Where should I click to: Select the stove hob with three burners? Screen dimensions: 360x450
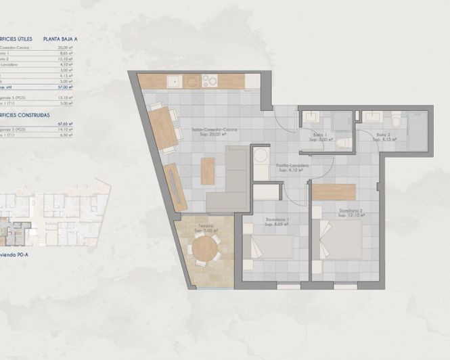tap(209, 81)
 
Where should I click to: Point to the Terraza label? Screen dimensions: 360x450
tap(206, 227)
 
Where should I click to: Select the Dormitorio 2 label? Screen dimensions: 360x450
tap(352, 211)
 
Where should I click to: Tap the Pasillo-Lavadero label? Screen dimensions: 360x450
tap(292, 168)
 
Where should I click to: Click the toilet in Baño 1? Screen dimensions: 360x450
tap(344, 142)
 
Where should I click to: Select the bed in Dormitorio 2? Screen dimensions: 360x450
tap(341, 240)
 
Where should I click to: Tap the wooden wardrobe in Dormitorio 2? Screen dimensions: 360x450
tap(334, 191)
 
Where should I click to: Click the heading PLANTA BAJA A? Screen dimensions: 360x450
tap(60, 39)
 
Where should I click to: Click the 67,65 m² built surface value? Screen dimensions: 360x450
tap(65, 123)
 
